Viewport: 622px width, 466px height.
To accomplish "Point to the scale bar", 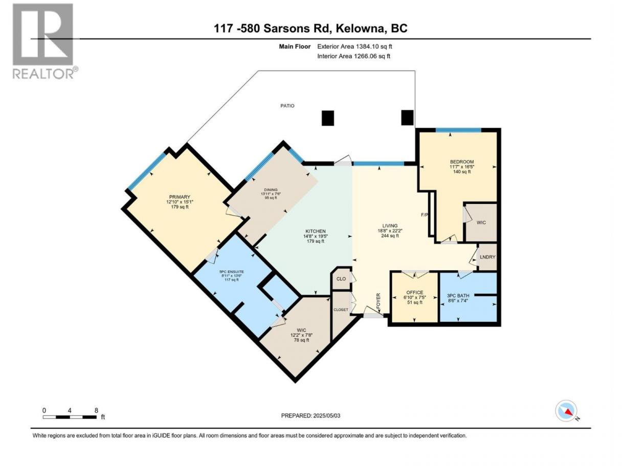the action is point(70,417).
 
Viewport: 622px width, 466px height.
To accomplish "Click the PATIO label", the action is point(287,106).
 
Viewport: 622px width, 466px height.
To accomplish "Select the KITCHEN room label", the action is point(316,231).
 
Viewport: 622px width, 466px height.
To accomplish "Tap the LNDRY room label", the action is point(487,257).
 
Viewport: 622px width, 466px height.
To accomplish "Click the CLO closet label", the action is point(341,278).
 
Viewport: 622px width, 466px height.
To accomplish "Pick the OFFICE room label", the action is point(414,292).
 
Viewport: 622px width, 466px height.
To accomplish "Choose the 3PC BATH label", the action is point(458,295).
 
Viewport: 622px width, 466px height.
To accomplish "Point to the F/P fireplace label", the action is point(424,215).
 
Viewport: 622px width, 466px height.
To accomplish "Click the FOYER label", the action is point(379,301).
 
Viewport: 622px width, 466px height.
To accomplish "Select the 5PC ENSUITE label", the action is point(232,272).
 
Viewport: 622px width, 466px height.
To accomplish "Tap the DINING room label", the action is point(271,190).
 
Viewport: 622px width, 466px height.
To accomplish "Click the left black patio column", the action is point(328,118).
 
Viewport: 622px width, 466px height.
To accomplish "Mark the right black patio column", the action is point(408,118).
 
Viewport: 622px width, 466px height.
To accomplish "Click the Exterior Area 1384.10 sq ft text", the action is point(354,46).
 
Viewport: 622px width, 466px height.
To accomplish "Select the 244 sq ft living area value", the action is point(390,236).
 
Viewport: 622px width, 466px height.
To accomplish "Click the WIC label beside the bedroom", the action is point(481,223).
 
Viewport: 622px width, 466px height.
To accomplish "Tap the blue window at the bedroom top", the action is point(458,130).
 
